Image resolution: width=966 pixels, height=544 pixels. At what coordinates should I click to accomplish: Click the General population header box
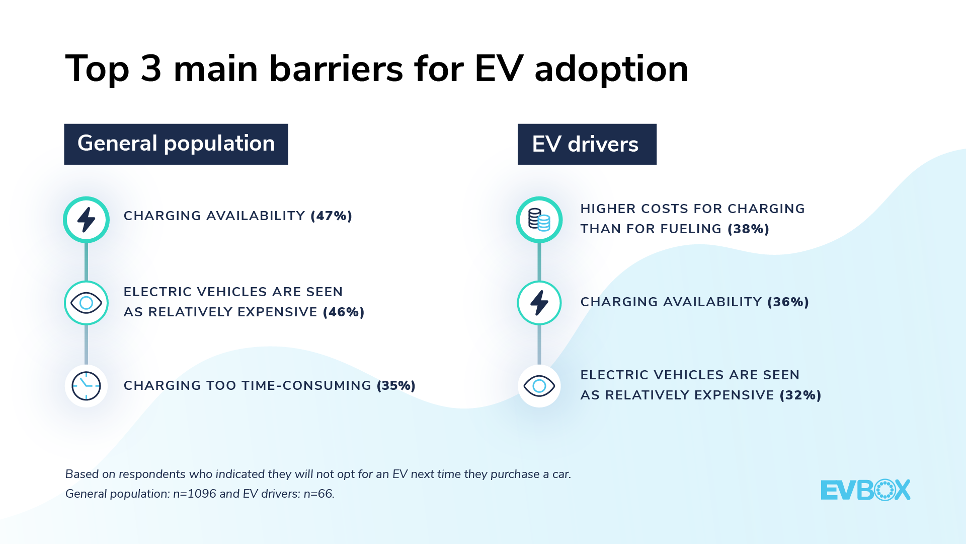click(x=176, y=144)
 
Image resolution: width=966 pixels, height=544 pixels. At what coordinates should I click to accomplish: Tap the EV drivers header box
click(x=587, y=144)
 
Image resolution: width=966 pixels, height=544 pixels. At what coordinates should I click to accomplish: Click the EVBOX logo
click(x=865, y=490)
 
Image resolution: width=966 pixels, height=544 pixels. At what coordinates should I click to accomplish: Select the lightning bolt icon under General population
click(x=86, y=220)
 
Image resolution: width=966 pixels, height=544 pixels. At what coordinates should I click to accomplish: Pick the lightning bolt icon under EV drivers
click(x=539, y=303)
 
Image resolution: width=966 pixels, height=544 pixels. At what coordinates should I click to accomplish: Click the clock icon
click(x=86, y=386)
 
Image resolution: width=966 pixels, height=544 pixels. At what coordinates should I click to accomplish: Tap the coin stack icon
click(x=539, y=220)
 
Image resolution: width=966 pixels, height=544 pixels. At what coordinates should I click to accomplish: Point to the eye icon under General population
click(x=86, y=303)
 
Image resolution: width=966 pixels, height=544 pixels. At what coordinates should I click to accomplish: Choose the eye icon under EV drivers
click(x=539, y=386)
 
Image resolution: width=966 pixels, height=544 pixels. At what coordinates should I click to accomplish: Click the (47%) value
click(x=332, y=216)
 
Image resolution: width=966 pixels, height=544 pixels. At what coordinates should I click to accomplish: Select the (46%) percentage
click(x=344, y=312)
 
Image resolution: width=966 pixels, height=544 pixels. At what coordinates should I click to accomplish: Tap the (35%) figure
click(x=396, y=386)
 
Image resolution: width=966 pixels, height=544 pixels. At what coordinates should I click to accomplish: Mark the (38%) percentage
click(x=749, y=229)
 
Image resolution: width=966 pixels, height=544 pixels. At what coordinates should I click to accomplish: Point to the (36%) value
click(x=788, y=302)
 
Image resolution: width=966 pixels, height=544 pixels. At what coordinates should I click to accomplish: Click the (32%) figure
click(x=800, y=395)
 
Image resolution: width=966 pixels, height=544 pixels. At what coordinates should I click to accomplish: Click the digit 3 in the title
click(x=151, y=69)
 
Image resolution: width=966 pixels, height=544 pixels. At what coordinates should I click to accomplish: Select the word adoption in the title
click(x=611, y=70)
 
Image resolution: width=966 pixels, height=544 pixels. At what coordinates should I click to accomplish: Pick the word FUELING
click(x=691, y=229)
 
